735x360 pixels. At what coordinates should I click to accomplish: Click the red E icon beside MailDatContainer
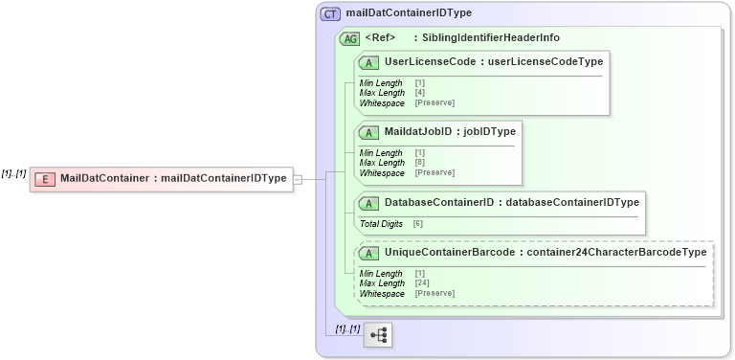click(x=43, y=178)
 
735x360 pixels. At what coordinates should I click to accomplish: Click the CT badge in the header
click(x=331, y=13)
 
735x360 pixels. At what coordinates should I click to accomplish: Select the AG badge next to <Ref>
click(x=350, y=38)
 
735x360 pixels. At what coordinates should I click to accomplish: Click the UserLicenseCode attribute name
click(x=431, y=62)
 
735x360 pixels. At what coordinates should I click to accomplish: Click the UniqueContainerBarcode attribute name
click(x=448, y=252)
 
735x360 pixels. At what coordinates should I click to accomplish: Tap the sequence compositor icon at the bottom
click(x=379, y=335)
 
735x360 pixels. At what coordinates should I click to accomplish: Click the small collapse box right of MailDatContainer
click(x=298, y=178)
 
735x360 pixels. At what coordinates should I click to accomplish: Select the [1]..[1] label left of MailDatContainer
click(x=13, y=173)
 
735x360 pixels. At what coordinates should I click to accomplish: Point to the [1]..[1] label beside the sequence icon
click(x=347, y=329)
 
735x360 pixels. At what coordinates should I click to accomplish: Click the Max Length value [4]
click(x=420, y=92)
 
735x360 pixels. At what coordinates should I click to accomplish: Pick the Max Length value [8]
click(x=420, y=162)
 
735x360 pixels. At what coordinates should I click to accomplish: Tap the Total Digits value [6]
click(x=418, y=223)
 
